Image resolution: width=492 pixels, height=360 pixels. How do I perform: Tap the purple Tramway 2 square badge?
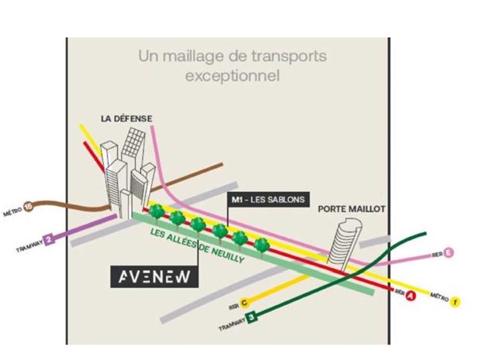(48, 240)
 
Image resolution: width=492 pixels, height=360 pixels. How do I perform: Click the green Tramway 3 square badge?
(251, 316)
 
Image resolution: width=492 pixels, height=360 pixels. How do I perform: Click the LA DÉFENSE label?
(126, 118)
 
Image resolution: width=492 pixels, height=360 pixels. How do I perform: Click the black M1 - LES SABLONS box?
(267, 201)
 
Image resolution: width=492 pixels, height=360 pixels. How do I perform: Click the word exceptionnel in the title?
(232, 77)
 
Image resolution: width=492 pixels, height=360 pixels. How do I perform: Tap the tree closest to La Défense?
(157, 211)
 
